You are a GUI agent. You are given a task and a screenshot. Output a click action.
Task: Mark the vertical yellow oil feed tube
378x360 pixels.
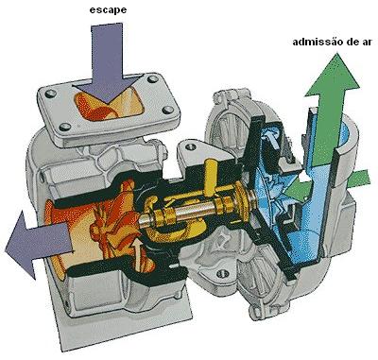point(209,180)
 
